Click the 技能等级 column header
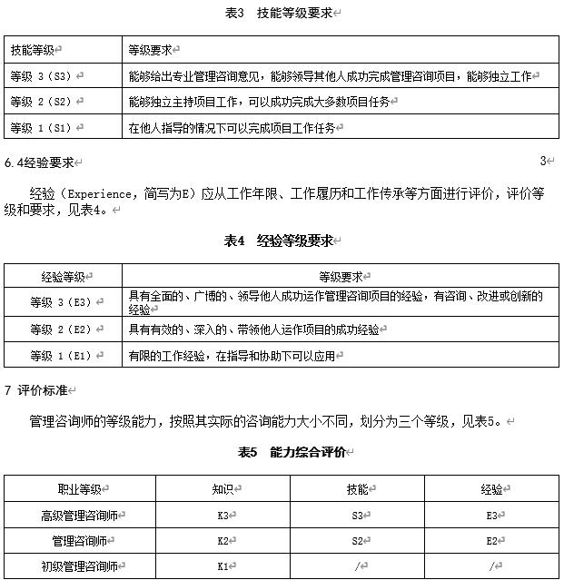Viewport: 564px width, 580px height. pyautogui.click(x=33, y=51)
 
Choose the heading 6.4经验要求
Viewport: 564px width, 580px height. pyautogui.click(x=40, y=163)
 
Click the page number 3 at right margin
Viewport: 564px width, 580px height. pyautogui.click(x=542, y=162)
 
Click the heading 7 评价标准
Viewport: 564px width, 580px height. pyautogui.click(x=37, y=391)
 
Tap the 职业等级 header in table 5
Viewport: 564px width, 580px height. pyautogui.click(x=81, y=490)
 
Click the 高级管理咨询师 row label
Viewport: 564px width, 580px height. pyautogui.click(x=81, y=516)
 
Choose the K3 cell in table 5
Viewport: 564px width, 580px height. pyautogui.click(x=223, y=516)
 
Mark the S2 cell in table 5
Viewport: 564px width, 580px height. pyautogui.click(x=358, y=541)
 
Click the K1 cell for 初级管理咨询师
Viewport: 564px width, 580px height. pyautogui.click(x=223, y=566)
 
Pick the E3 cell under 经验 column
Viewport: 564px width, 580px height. pyautogui.click(x=492, y=516)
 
